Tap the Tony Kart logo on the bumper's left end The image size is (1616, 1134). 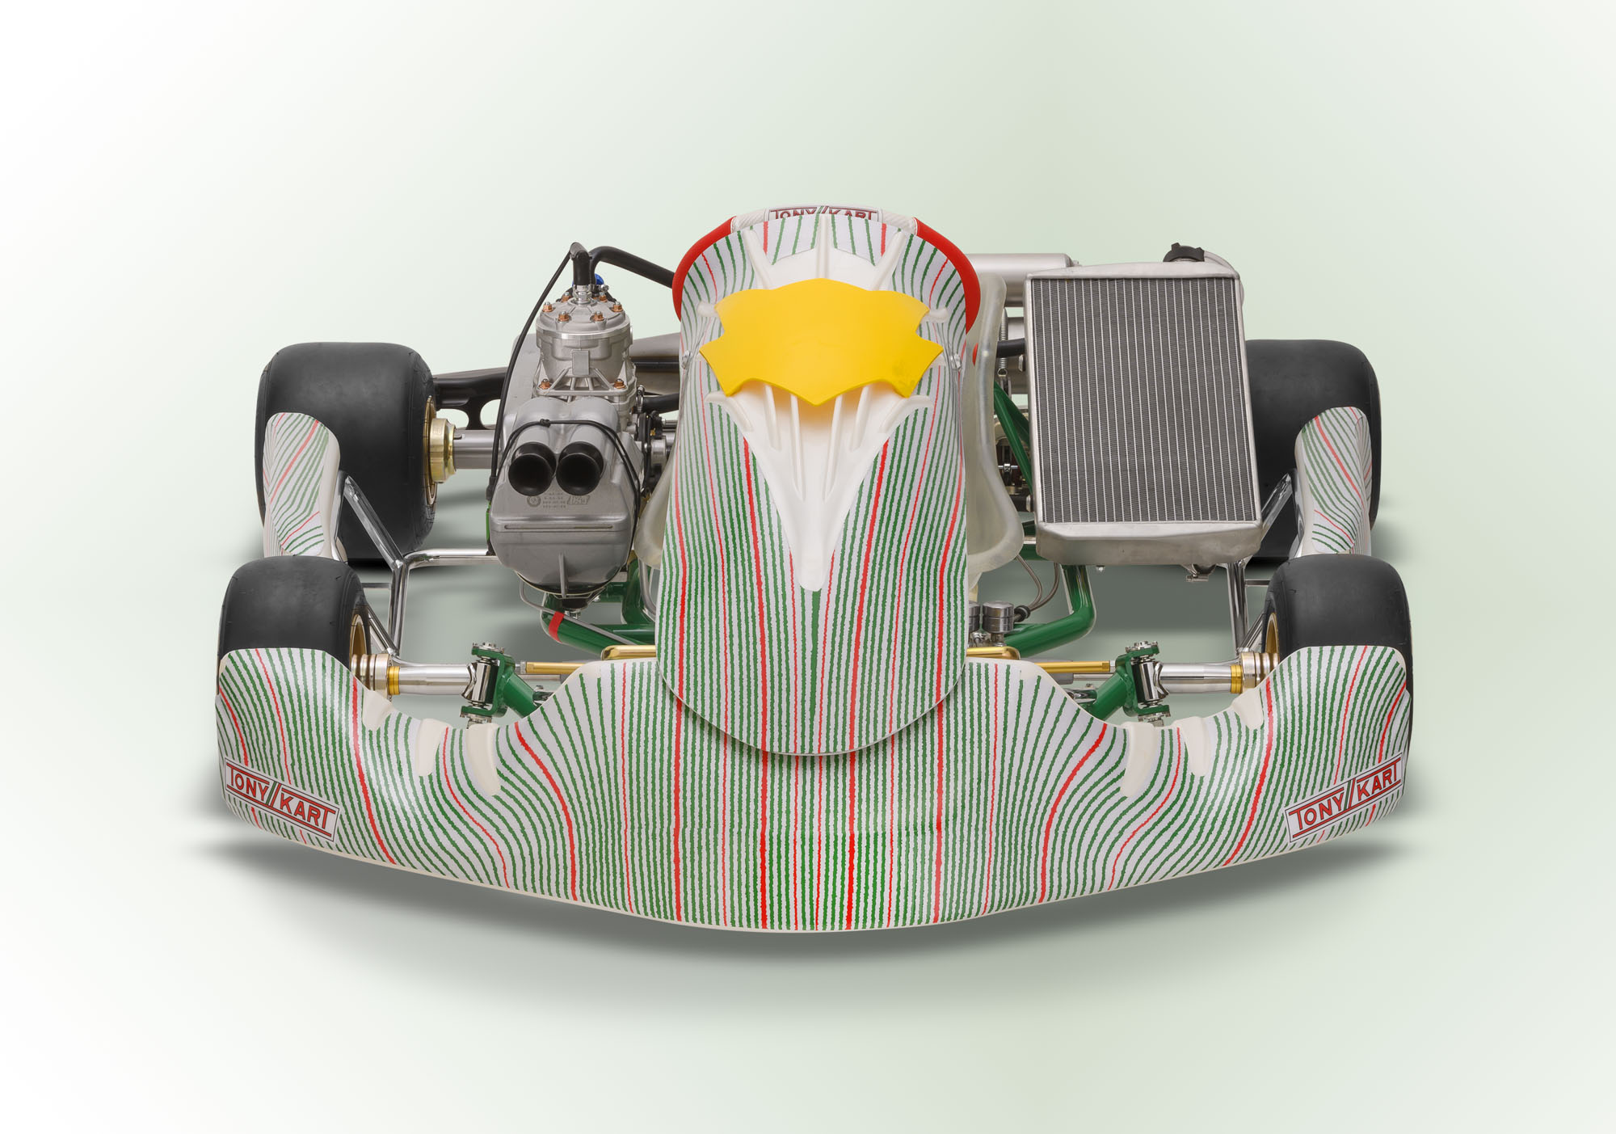[280, 798]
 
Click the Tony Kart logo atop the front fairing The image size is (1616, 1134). [823, 215]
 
